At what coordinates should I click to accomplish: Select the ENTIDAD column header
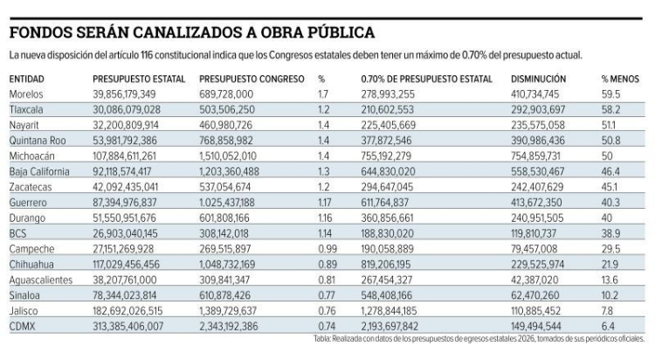pyautogui.click(x=27, y=79)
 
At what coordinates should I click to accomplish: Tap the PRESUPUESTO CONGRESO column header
pyautogui.click(x=252, y=79)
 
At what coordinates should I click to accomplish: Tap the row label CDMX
pyautogui.click(x=24, y=325)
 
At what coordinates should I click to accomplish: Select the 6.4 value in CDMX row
pyautogui.click(x=609, y=325)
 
